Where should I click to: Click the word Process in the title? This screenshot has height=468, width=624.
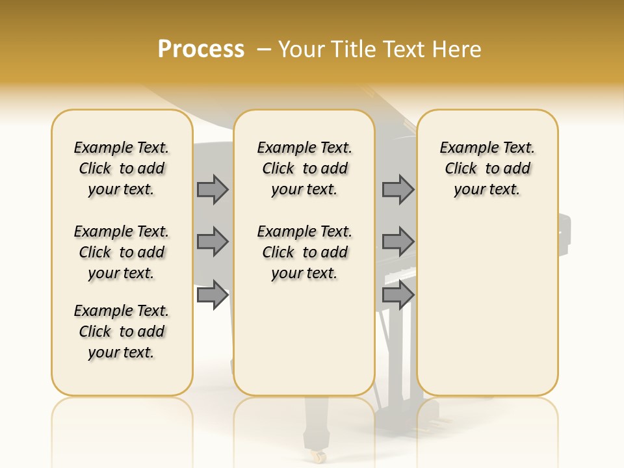(201, 49)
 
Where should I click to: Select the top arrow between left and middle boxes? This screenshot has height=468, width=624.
(213, 190)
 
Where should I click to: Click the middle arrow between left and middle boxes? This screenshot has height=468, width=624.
(213, 242)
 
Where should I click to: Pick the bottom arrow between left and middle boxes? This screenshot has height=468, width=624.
(213, 296)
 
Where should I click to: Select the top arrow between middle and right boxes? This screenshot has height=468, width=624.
(398, 190)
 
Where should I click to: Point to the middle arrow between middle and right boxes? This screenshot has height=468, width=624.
(398, 242)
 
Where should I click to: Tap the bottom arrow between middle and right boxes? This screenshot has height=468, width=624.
(398, 296)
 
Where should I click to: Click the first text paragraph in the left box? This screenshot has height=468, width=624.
(122, 168)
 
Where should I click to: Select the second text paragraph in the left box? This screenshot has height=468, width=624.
(122, 252)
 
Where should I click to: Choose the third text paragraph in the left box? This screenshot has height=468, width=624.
(122, 331)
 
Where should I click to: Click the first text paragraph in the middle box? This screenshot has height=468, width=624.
(304, 168)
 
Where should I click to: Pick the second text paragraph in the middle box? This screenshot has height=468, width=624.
(304, 252)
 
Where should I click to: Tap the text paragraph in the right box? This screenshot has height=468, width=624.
(487, 168)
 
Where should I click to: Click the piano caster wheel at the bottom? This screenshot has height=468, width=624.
(318, 456)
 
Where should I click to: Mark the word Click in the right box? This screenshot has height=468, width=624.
(461, 169)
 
